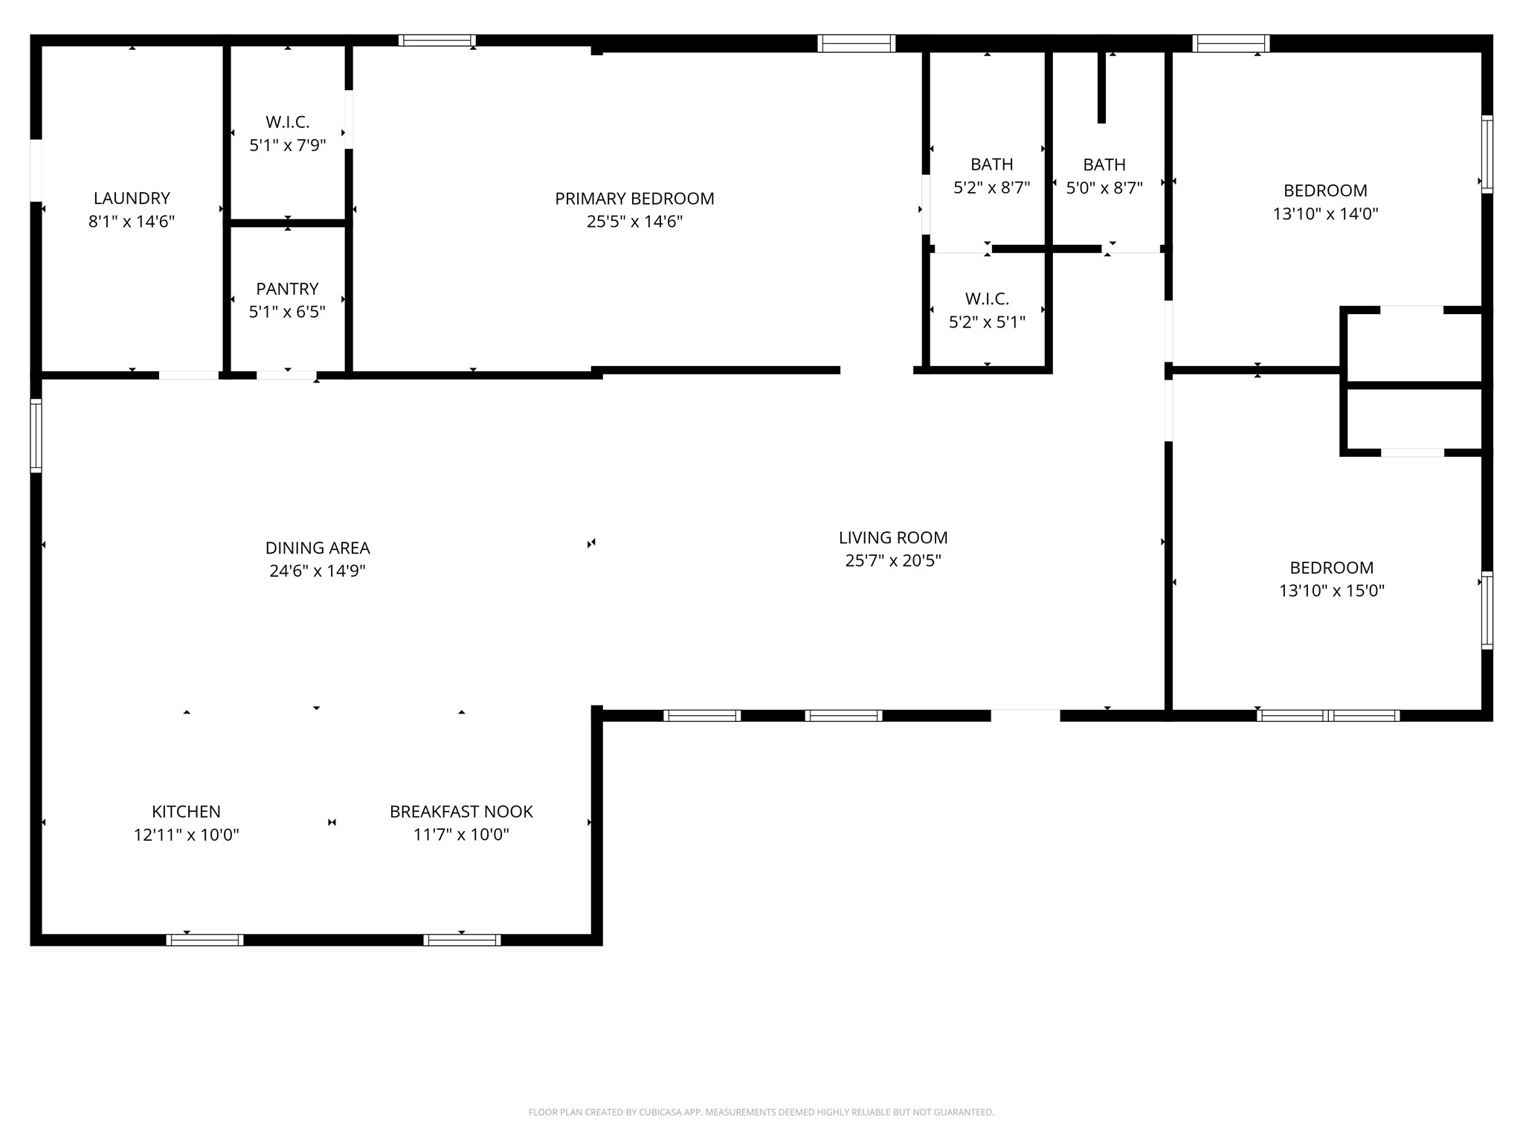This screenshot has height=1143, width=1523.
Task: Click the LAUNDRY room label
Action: point(132,198)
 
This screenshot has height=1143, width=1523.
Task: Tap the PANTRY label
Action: point(287,289)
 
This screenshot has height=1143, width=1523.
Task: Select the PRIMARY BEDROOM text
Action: point(634,199)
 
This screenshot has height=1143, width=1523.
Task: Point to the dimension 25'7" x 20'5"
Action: point(893,560)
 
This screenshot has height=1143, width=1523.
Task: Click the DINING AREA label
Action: point(318,548)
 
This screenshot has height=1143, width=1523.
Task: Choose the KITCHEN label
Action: point(186,811)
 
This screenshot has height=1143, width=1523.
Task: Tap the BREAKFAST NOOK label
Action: point(461,811)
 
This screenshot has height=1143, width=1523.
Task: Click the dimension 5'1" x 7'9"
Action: point(287,145)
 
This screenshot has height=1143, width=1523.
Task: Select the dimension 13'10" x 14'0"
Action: point(1325,214)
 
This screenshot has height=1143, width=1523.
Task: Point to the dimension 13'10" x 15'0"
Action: point(1331,591)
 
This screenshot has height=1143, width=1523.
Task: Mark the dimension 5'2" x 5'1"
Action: point(987,322)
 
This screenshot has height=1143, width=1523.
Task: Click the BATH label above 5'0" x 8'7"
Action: point(1104,164)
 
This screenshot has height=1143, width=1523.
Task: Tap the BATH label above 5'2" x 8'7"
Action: point(991,164)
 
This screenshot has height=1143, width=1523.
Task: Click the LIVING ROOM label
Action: point(893,537)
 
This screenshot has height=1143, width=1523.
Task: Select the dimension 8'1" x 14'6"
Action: point(132,221)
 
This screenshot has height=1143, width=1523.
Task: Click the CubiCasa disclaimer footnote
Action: point(761,1112)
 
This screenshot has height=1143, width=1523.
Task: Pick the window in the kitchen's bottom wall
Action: point(205,940)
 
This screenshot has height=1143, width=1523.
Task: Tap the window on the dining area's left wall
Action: point(36,435)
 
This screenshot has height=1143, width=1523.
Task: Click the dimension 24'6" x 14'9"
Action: point(318,571)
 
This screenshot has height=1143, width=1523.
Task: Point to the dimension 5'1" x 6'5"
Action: point(287,312)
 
